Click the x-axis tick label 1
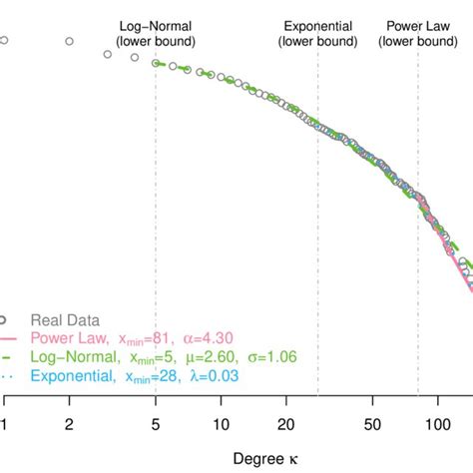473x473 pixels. (5, 423)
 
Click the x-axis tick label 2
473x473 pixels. (69, 423)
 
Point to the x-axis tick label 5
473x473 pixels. (156, 423)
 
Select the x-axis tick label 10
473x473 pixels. (221, 423)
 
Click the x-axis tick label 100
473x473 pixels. (436, 423)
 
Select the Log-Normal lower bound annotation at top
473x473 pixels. (156, 33)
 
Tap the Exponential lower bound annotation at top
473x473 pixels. (317, 33)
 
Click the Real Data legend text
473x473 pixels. (65, 320)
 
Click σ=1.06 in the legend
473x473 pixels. (267, 356)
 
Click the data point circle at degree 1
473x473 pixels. (5, 41)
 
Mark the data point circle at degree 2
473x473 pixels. (69, 42)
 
